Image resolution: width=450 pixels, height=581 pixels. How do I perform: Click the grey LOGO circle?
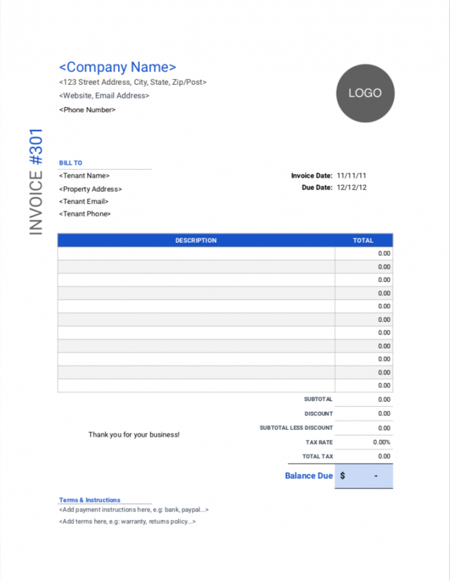(365, 93)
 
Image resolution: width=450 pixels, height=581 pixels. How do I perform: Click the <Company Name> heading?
(117, 67)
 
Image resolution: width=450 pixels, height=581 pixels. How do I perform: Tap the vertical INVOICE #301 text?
(36, 182)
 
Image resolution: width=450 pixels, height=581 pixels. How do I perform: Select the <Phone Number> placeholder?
(87, 110)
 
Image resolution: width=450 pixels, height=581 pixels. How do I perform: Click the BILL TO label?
(71, 163)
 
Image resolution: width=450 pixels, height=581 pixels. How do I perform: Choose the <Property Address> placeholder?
(90, 189)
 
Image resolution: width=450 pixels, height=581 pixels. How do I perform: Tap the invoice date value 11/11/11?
(351, 176)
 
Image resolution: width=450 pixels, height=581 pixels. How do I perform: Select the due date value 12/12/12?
(351, 187)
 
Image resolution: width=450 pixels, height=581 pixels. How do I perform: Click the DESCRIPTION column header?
(196, 240)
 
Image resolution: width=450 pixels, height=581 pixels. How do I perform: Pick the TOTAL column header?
(363, 240)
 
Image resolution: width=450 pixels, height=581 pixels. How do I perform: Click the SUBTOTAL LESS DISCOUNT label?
(296, 428)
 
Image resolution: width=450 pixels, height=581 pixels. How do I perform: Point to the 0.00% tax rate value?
(381, 442)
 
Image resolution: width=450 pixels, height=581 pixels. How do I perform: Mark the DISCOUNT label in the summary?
(318, 414)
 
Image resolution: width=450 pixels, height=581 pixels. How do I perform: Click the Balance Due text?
(309, 476)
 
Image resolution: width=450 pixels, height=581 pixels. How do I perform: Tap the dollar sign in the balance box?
(343, 476)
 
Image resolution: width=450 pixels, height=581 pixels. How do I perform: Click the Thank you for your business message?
(134, 434)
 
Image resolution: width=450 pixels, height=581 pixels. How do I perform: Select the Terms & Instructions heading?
(90, 500)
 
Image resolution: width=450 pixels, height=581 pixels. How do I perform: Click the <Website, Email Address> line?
(104, 96)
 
